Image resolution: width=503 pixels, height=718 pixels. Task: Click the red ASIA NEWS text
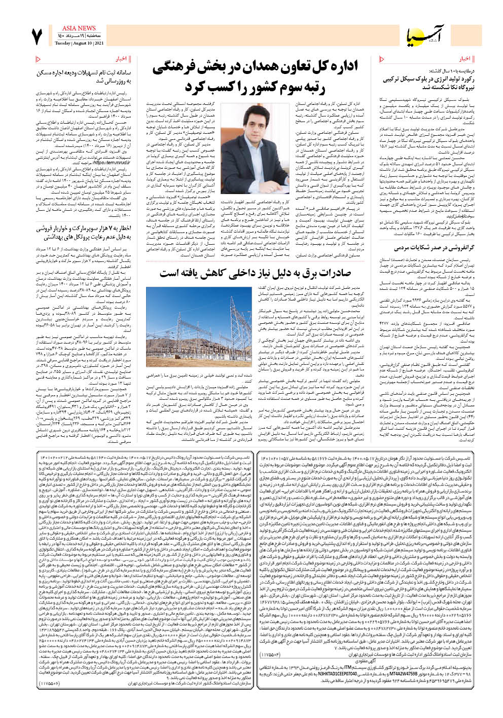pos(79,28)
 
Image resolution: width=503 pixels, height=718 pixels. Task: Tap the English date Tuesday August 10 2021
pos(79,44)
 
